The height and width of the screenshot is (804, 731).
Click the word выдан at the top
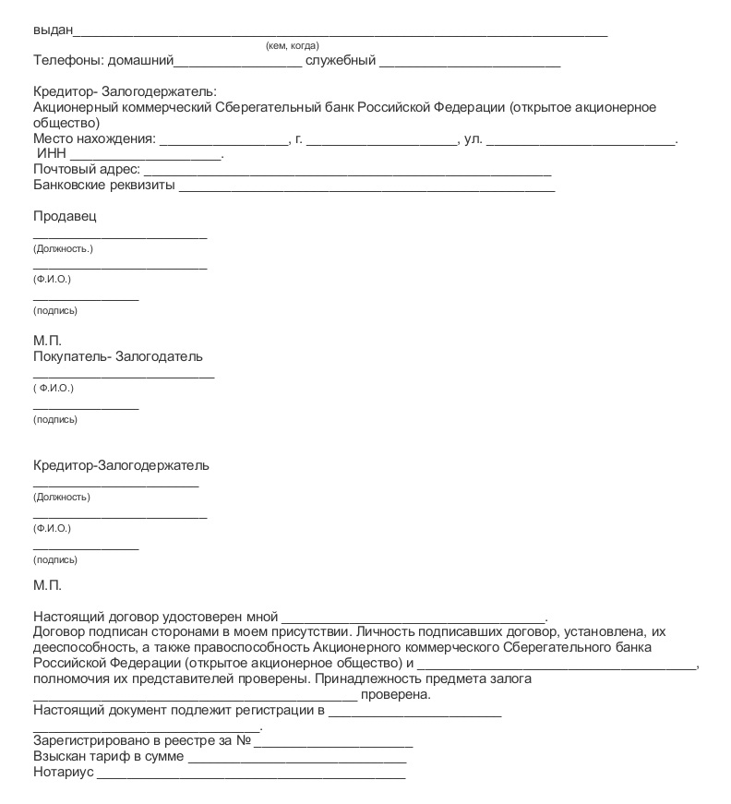52,30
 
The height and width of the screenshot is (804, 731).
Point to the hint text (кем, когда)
292,45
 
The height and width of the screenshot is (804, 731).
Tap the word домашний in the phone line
141,61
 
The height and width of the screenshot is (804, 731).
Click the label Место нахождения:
94,139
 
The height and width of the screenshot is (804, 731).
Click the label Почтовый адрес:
87,170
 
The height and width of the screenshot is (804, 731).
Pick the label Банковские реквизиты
103,185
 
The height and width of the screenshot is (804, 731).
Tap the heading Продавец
65,216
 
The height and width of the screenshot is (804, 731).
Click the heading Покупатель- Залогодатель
118,356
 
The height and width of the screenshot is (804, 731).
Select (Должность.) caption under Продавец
63,249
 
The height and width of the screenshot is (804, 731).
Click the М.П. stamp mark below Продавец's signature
48,341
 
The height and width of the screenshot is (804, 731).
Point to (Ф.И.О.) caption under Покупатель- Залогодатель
54,388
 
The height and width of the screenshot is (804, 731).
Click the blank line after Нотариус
251,775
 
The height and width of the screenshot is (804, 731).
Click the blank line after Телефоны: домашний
238,65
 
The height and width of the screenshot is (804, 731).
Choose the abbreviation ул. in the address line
473,139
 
